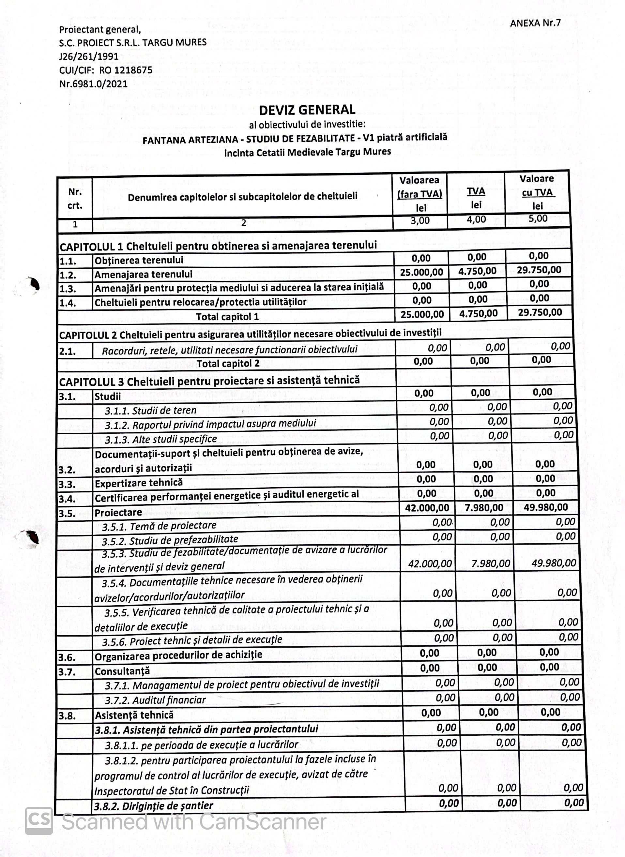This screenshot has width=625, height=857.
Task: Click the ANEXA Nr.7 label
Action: click(535, 23)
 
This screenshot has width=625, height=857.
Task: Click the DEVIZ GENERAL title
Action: click(307, 110)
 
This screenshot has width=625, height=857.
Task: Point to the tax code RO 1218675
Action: click(126, 70)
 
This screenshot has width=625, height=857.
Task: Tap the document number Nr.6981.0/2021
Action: click(93, 83)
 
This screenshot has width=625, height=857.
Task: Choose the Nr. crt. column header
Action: click(75, 199)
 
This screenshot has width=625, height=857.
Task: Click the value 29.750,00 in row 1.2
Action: click(539, 270)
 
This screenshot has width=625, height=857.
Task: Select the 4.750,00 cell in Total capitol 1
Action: click(478, 313)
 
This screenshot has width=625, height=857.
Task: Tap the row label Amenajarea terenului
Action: click(144, 274)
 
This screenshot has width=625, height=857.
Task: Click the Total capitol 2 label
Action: click(228, 364)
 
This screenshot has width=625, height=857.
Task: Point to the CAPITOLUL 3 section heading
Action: click(209, 381)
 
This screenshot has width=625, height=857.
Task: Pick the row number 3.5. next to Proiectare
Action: click(67, 514)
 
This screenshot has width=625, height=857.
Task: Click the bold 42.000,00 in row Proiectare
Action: click(427, 508)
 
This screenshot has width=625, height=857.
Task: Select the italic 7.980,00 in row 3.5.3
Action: click(491, 564)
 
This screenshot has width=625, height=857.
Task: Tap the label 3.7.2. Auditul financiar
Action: click(155, 700)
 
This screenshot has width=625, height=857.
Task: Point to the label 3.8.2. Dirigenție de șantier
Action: click(153, 805)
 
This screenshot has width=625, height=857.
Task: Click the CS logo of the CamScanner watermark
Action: click(38, 821)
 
